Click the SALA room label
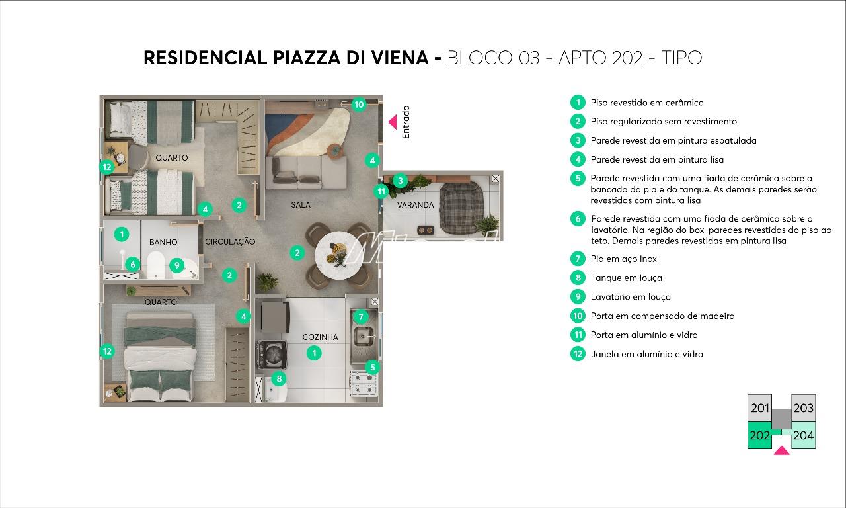click(x=301, y=205)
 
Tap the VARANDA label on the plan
click(x=415, y=205)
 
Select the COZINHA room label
click(x=320, y=337)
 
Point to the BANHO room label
click(x=163, y=242)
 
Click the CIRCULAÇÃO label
click(x=230, y=242)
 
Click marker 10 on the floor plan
click(x=358, y=104)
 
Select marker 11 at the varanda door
click(x=381, y=191)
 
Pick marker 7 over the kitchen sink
click(x=360, y=317)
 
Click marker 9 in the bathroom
click(x=176, y=265)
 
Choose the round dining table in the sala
click(x=338, y=257)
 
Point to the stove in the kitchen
click(x=363, y=384)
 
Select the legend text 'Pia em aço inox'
click(x=623, y=259)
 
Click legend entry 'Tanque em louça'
click(x=626, y=278)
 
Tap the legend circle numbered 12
click(x=578, y=354)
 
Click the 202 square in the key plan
click(x=759, y=436)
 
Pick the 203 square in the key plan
click(x=803, y=408)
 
